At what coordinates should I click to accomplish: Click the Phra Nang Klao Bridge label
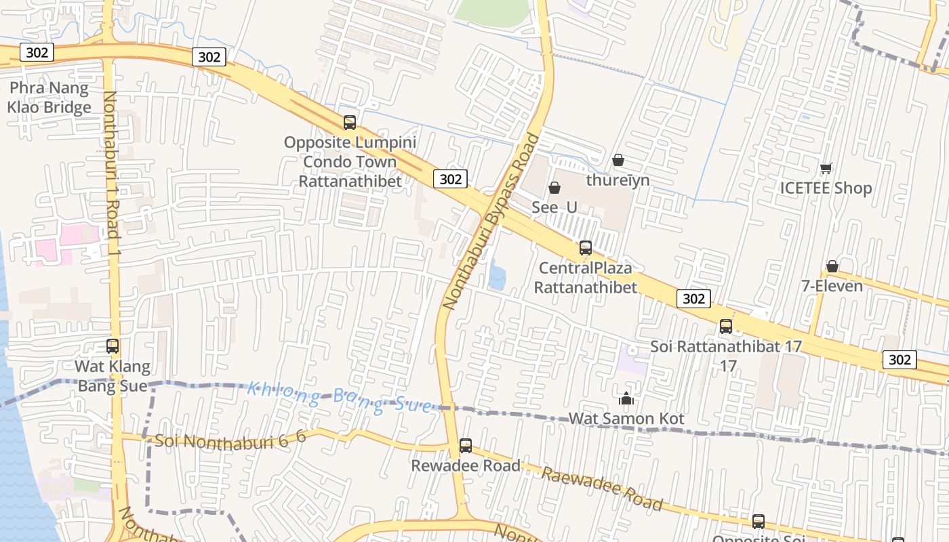(49, 98)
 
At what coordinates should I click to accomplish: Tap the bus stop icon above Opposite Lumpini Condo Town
(350, 123)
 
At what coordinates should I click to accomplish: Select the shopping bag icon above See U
(554, 188)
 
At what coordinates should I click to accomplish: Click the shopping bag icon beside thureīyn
(618, 161)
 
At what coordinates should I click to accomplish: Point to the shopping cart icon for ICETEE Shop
(826, 169)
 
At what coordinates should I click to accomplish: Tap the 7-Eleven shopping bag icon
(832, 267)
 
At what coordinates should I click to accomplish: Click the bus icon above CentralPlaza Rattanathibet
(586, 248)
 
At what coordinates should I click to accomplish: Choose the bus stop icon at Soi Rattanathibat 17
(726, 327)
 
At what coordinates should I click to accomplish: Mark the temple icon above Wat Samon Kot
(626, 399)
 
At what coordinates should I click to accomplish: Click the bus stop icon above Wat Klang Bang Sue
(113, 346)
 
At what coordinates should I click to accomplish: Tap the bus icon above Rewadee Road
(466, 446)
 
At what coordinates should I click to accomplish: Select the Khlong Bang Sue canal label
(339, 397)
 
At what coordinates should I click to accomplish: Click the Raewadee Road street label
(601, 488)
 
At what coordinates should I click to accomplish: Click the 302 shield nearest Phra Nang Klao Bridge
(37, 52)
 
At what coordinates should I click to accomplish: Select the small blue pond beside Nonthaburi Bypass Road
(496, 274)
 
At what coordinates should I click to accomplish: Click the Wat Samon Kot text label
(626, 419)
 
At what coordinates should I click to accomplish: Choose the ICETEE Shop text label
(826, 188)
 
